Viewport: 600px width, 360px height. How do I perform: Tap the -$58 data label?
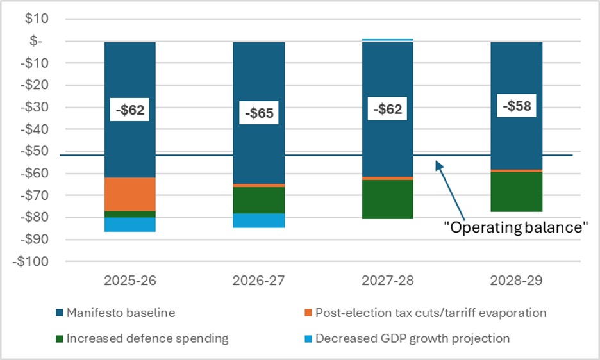point(517,106)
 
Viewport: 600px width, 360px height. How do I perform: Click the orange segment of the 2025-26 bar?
point(130,193)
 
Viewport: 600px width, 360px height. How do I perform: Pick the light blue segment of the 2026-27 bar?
point(259,220)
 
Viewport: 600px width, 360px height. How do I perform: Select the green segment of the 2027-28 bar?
point(387,200)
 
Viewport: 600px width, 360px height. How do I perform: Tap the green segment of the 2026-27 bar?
point(259,200)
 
